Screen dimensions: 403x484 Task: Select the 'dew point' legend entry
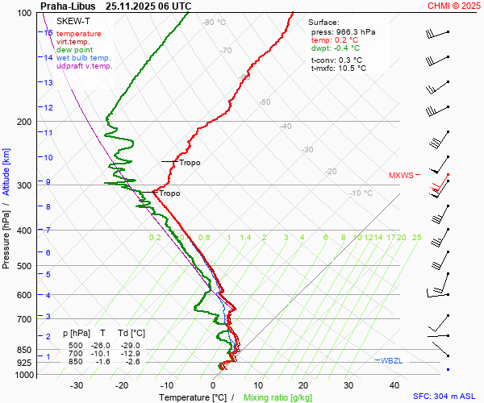[x=75, y=50]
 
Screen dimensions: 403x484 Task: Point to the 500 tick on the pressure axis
[x=24, y=266]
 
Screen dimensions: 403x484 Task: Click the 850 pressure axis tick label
[x=24, y=351]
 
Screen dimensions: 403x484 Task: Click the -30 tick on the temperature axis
[x=77, y=386]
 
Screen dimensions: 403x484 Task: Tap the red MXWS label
[x=400, y=175]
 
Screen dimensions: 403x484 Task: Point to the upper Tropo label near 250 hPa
[x=190, y=163]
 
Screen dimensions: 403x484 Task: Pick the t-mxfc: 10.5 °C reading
[x=338, y=69]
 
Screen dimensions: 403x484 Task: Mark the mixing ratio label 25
[x=416, y=238]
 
